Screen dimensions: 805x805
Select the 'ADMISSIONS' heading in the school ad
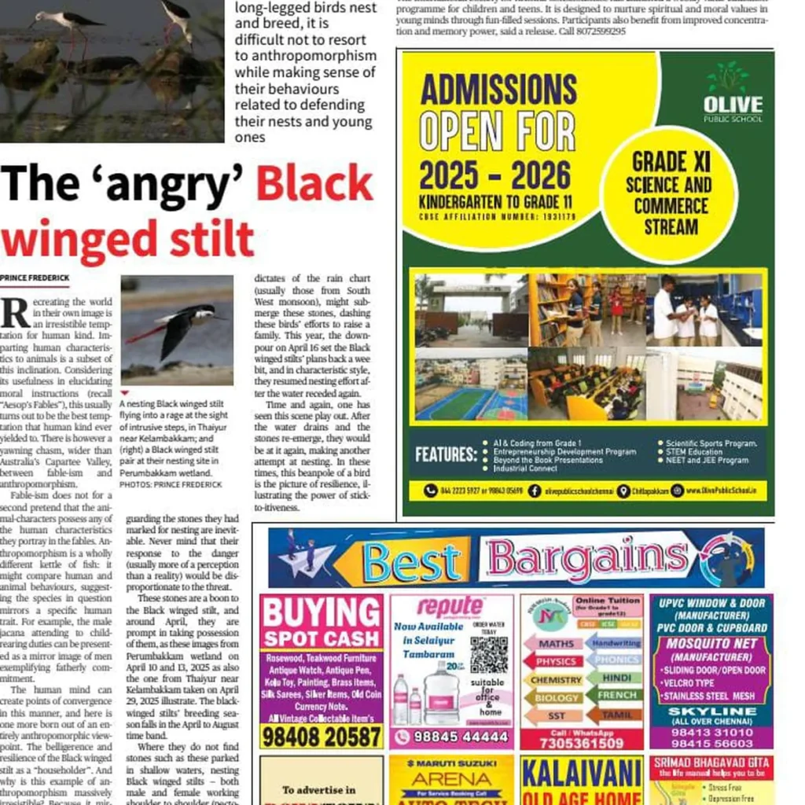[x=498, y=90]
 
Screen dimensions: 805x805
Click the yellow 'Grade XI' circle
[x=671, y=194]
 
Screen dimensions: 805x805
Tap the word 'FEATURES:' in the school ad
[x=446, y=454]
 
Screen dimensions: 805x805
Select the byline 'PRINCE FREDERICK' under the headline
[x=35, y=278]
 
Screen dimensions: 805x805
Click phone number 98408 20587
[x=321, y=737]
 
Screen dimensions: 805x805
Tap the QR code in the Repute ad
[x=489, y=654]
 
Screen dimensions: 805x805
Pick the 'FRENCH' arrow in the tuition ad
[x=616, y=696]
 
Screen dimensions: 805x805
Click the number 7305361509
[x=583, y=743]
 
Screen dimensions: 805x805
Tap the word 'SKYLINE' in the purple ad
[x=711, y=710]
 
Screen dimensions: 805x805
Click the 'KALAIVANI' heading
[x=581, y=774]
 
